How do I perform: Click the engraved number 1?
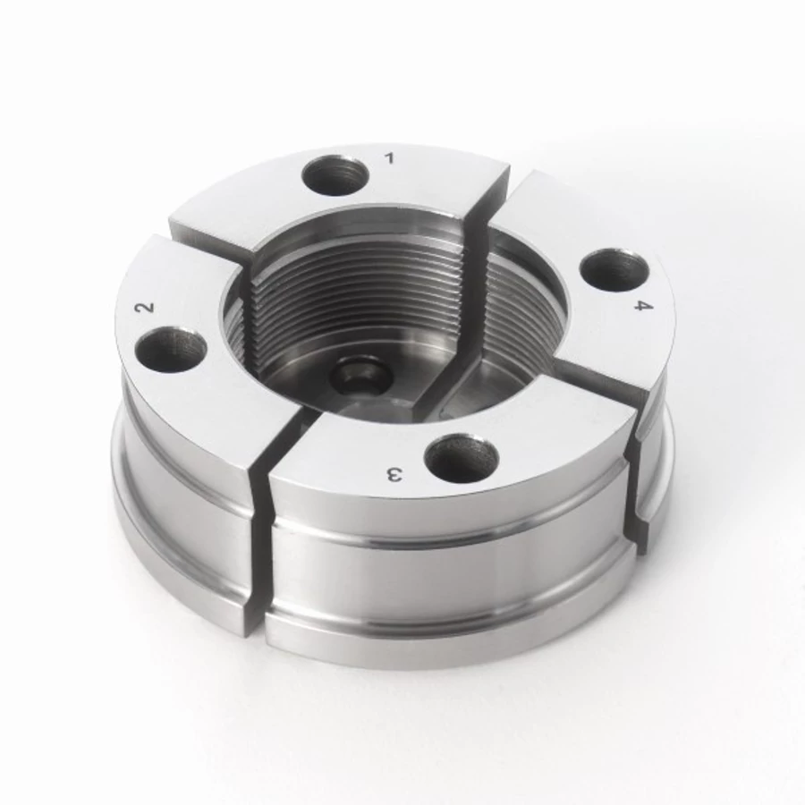pyautogui.click(x=390, y=157)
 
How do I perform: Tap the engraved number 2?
pyautogui.click(x=145, y=307)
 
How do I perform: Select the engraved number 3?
pyautogui.click(x=394, y=475)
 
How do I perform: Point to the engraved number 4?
pyautogui.click(x=643, y=306)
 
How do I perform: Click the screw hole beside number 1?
pyautogui.click(x=335, y=176)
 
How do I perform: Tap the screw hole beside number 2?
pyautogui.click(x=171, y=349)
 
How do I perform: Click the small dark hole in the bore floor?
pyautogui.click(x=360, y=379)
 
